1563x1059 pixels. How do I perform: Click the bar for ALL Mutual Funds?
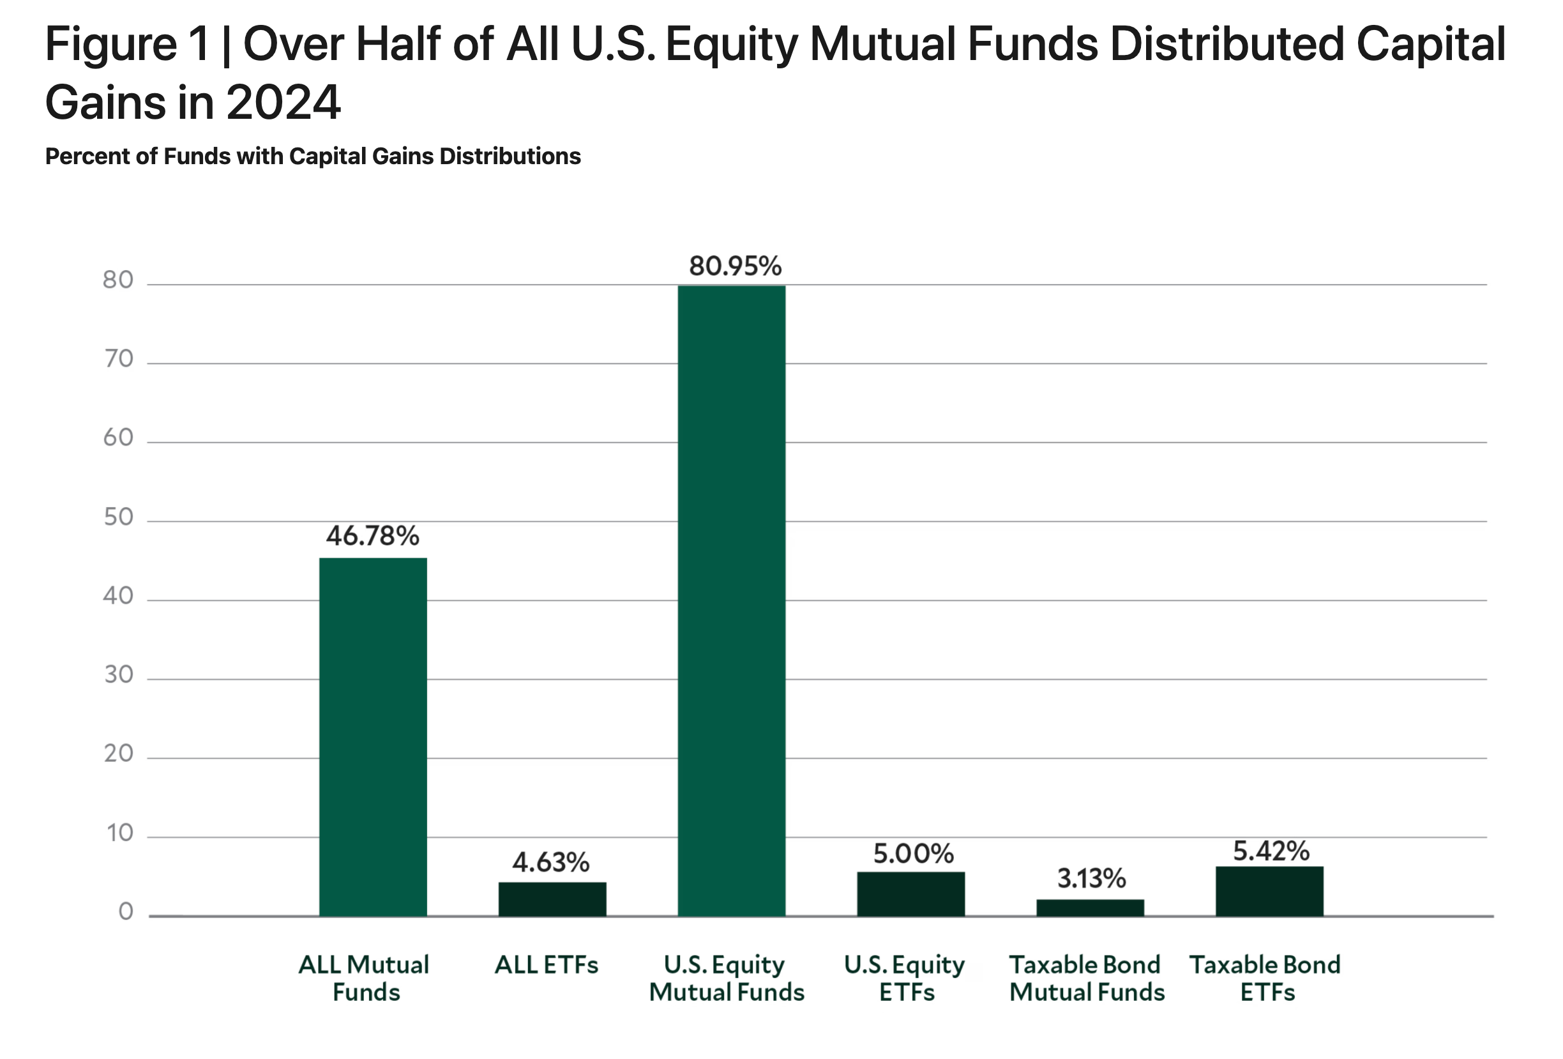373,736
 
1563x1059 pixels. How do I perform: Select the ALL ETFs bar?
552,899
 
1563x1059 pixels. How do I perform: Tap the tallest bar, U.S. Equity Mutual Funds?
731,600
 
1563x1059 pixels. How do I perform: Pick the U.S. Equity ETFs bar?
910,894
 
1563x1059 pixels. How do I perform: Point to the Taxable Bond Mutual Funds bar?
1089,908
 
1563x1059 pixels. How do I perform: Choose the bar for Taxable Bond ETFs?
1269,891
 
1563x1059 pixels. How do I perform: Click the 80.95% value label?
735,266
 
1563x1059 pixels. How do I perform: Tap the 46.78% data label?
373,537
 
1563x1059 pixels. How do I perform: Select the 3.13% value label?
1091,878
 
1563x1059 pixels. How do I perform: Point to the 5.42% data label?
1271,851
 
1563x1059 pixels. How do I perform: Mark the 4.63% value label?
551,862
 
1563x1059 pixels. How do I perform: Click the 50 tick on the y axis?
118,517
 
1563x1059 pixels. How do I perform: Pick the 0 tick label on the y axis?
126,911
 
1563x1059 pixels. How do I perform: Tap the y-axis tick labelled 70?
118,359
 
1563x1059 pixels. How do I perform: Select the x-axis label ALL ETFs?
546,965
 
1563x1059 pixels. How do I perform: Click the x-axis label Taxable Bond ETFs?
1265,978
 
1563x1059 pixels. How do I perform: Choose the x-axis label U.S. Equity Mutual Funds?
727,978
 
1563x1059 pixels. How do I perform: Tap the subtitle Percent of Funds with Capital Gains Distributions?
313,156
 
